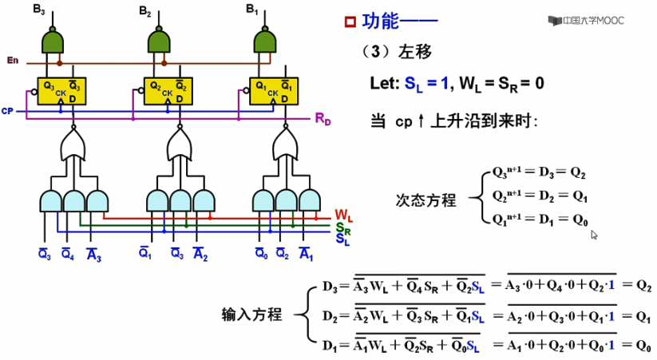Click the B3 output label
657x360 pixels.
(37, 10)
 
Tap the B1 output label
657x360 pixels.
(251, 10)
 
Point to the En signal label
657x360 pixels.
(12, 61)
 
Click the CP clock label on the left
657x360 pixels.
(8, 111)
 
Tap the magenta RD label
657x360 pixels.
(323, 119)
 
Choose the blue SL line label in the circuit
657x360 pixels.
(342, 239)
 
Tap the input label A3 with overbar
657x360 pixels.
(93, 255)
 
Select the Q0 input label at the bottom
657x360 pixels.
(261, 255)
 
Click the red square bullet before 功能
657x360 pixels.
(350, 22)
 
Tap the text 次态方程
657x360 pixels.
(426, 200)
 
